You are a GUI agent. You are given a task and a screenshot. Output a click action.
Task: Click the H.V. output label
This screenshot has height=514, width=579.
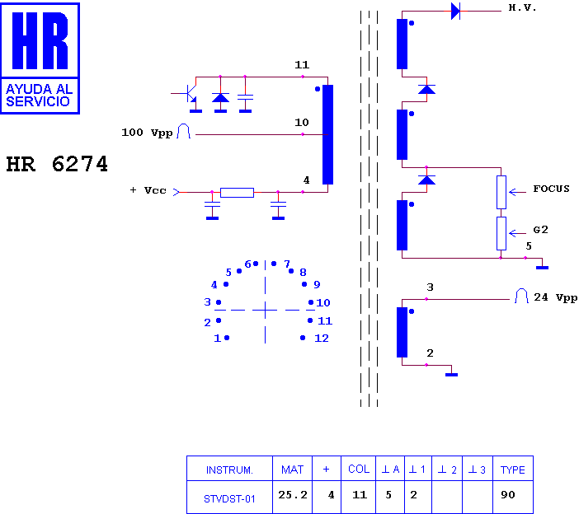(522, 7)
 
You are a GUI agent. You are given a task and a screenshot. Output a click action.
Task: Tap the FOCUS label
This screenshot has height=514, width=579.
(551, 189)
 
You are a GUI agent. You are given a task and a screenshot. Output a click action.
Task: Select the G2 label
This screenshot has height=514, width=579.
(540, 230)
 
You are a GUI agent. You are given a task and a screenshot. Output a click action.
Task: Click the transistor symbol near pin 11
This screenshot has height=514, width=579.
(188, 94)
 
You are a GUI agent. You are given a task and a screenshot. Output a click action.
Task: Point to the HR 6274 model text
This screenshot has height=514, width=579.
(57, 164)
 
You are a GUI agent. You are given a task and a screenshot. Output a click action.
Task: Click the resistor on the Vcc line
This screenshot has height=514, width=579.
(237, 193)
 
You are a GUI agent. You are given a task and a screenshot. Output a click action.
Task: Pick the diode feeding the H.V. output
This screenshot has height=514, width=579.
(455, 11)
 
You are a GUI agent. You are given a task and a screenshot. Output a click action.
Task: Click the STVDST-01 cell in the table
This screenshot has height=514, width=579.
(229, 499)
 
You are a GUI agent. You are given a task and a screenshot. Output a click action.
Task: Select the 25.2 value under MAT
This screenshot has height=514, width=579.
(293, 495)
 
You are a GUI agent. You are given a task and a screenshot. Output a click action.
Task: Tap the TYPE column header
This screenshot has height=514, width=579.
(512, 470)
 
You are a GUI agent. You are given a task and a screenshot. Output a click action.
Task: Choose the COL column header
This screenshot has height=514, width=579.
(359, 469)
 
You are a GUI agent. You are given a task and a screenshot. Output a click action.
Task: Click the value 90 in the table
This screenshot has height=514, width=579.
(508, 495)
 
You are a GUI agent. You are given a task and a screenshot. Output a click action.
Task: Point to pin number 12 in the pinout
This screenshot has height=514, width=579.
(322, 338)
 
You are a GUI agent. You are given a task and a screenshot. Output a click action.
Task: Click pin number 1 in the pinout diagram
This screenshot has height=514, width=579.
(217, 338)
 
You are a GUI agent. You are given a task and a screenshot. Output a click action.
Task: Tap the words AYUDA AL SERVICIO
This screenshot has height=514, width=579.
(39, 95)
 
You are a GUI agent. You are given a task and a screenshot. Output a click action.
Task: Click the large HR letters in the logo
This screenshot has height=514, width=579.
(40, 40)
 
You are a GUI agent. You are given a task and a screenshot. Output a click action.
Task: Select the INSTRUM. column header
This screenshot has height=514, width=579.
(229, 470)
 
